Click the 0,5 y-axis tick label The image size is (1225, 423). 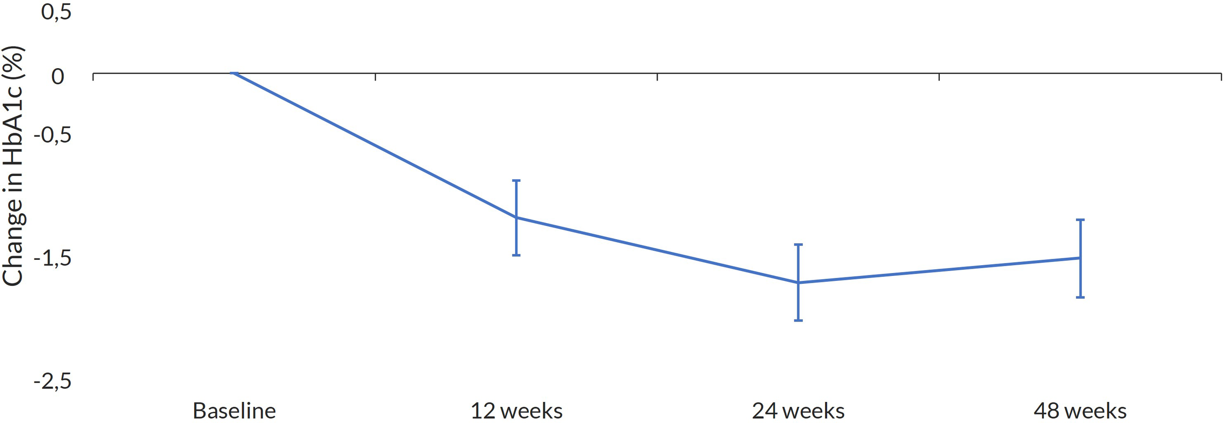56,12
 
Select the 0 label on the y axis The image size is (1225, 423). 58,76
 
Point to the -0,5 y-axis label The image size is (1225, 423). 52,135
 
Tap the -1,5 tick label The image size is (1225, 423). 52,258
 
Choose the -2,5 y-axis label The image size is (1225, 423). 52,381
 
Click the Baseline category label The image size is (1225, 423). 234,411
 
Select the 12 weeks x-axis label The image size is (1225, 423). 516,411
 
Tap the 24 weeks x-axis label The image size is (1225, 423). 798,411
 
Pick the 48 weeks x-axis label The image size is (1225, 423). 1080,411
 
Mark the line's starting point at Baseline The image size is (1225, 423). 234,74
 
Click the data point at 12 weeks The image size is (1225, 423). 516,217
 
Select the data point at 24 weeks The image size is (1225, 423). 798,282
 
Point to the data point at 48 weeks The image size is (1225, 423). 1080,258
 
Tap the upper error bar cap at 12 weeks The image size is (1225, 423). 516,181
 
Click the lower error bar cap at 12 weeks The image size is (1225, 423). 516,255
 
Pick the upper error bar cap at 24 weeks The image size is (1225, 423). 798,245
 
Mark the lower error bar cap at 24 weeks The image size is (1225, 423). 798,321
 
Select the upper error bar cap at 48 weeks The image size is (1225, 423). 1080,220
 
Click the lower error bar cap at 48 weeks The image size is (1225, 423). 1080,297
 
